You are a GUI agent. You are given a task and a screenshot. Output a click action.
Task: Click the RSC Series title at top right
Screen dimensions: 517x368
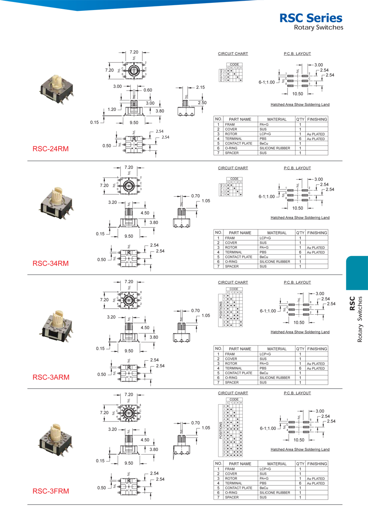pos(311,18)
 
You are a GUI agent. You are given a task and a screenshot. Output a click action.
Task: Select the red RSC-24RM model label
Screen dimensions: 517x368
pos(50,149)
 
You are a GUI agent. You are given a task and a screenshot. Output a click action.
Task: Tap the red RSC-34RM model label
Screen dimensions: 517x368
pos(50,263)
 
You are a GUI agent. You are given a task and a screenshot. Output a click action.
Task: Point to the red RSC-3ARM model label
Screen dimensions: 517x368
pos(50,377)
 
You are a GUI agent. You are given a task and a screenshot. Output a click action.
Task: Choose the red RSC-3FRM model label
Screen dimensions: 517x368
pos(50,491)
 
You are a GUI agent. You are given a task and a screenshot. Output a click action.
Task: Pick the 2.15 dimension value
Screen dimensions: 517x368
pos(200,87)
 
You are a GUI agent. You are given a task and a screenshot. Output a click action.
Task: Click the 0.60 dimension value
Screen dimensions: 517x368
pos(148,90)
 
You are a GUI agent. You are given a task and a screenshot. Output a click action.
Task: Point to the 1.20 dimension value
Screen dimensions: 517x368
pos(112,109)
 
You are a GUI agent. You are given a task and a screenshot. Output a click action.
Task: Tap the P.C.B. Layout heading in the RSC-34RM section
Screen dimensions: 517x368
pos(297,168)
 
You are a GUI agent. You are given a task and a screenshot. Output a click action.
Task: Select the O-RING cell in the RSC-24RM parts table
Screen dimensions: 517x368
pos(232,148)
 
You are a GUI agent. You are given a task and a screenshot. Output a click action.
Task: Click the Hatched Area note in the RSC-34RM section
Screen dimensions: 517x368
pos(300,218)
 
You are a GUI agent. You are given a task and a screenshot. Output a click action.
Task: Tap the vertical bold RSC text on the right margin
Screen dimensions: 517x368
pos(352,303)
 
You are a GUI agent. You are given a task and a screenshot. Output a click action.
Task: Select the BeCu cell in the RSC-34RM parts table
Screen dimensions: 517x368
pos(264,257)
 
